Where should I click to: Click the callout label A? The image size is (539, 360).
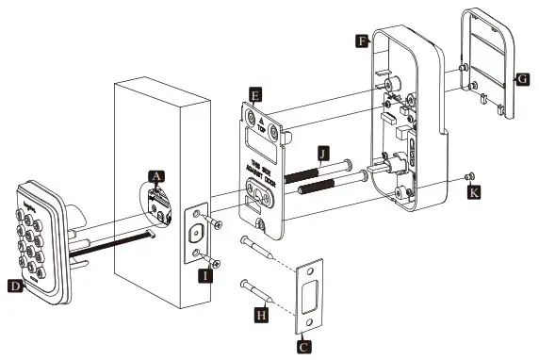[156, 175]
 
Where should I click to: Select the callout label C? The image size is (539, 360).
[303, 347]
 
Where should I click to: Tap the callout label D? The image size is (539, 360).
[13, 284]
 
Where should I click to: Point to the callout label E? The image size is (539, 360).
[254, 93]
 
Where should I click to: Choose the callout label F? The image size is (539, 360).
[362, 41]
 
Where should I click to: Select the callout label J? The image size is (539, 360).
[323, 150]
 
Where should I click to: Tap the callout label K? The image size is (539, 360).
[475, 192]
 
